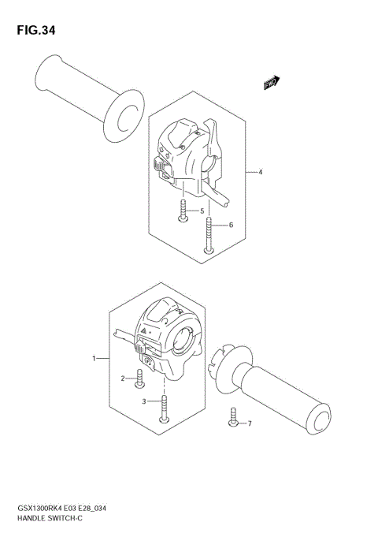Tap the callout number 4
[259, 171]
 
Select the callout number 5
[201, 211]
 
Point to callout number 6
[231, 226]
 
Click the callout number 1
[94, 359]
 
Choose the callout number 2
[124, 379]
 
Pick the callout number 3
[143, 402]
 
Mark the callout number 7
[250, 424]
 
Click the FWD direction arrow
[272, 82]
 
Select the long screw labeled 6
[209, 235]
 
